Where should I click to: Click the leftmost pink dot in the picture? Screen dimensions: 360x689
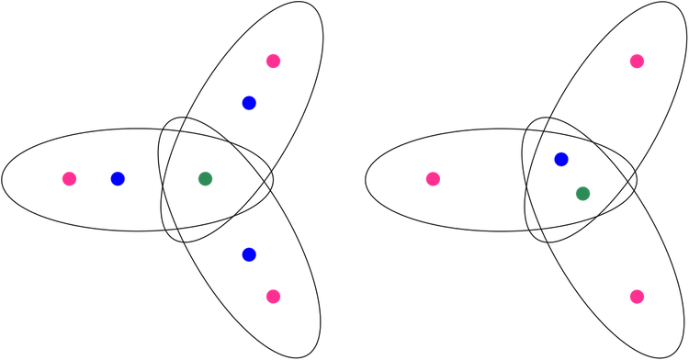coord(69,179)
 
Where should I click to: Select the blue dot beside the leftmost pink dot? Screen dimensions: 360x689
coord(118,179)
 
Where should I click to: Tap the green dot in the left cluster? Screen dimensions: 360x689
coord(205,179)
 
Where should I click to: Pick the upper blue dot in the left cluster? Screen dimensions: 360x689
coord(249,102)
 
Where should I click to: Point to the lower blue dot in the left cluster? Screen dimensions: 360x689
coord(249,254)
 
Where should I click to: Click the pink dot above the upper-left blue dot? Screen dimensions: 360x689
coord(273,62)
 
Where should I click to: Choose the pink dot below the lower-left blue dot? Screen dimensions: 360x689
coord(273,297)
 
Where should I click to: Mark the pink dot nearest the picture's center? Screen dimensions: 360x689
coord(433,179)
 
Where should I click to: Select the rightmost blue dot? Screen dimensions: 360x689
coord(561,160)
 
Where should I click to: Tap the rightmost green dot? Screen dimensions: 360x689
coord(582,194)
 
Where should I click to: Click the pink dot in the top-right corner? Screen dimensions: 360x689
coord(637,62)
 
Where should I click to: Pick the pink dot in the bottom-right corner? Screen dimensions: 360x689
coord(637,297)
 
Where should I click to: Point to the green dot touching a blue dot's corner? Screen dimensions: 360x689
coord(582,194)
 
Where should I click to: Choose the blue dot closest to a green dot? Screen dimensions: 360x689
coord(561,160)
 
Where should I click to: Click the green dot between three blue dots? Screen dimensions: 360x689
coord(205,179)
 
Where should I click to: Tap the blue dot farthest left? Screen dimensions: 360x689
coord(118,179)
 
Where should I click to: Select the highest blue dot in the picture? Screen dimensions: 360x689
coord(249,102)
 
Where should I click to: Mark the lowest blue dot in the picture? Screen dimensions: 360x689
coord(249,254)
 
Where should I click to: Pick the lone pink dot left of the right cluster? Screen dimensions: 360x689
coord(433,179)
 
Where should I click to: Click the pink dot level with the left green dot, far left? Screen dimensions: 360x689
coord(69,179)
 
